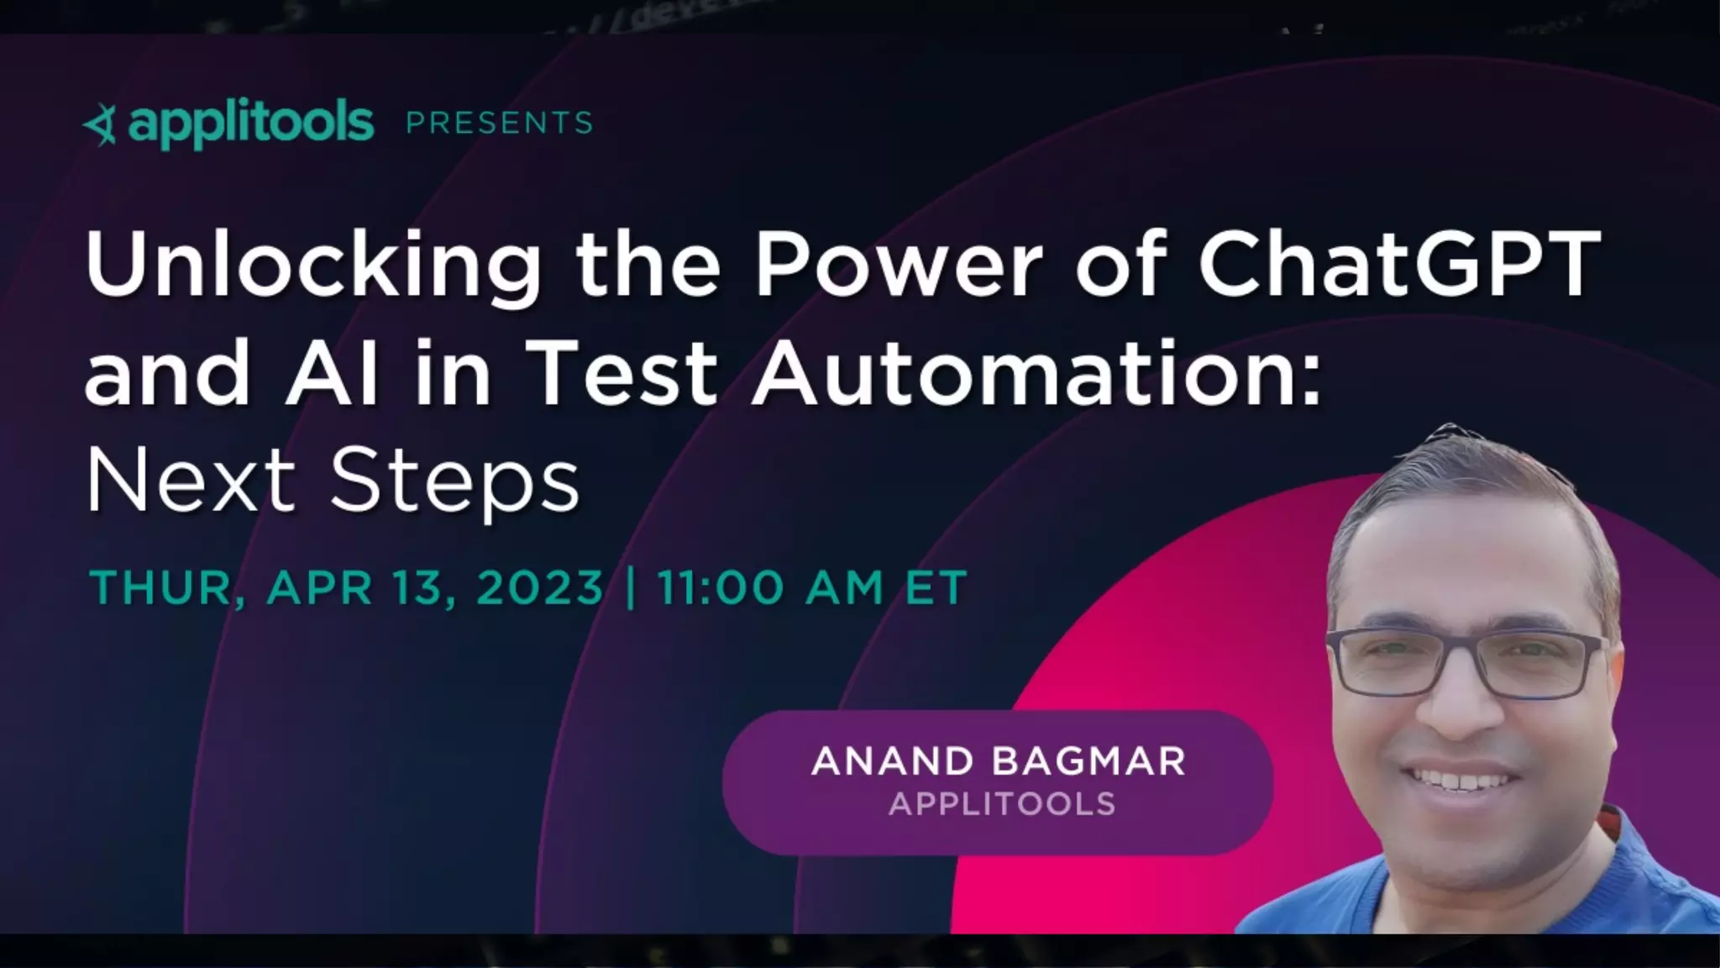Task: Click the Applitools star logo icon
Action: (x=101, y=126)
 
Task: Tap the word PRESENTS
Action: (x=500, y=124)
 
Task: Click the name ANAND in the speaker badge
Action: (x=893, y=761)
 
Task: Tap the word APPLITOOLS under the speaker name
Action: (x=1002, y=804)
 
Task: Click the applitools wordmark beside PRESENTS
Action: (x=250, y=124)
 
